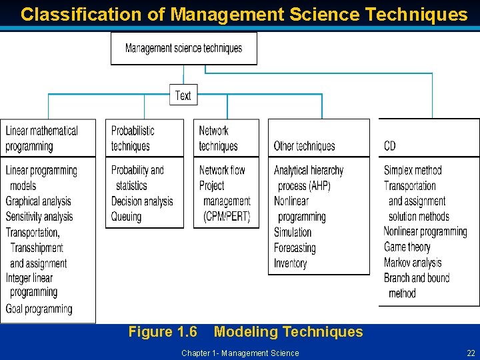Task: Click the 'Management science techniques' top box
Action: pos(183,48)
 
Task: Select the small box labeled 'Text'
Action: pos(183,95)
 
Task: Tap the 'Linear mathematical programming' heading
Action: pos(41,138)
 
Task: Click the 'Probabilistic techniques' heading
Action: pos(133,138)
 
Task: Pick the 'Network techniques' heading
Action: pos(218,138)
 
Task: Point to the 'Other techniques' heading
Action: pos(304,146)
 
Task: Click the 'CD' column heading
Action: pos(390,146)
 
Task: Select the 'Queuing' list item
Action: pos(126,217)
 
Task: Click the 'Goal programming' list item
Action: pos(39,309)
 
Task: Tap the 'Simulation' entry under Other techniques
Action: pos(293,232)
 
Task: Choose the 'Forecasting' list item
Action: pos(295,247)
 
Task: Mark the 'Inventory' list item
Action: pos(291,263)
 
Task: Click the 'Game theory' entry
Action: pos(407,247)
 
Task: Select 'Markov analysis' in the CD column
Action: pos(413,262)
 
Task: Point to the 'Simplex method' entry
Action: pos(413,170)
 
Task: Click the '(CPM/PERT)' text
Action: pos(227,217)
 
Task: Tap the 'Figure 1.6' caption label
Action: pos(163,332)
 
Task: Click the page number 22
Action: pos(471,353)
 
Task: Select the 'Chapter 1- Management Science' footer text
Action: pos(240,353)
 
